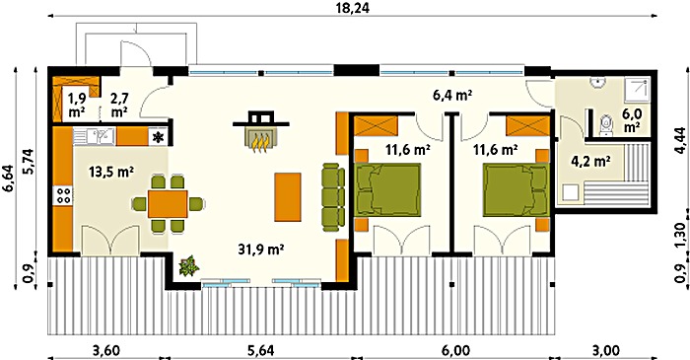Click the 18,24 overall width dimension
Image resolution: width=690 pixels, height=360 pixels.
tap(352, 7)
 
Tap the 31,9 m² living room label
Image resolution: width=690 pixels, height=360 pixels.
tap(260, 250)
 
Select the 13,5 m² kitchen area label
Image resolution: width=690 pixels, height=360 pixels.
tap(111, 172)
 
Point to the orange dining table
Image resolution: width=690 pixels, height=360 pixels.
tap(168, 204)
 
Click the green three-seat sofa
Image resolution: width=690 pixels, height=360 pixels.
tap(333, 196)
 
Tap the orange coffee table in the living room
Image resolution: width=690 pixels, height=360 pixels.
tap(288, 196)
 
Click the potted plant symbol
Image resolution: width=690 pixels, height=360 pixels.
tap(189, 266)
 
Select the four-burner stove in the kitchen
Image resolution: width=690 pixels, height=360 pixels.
tap(63, 195)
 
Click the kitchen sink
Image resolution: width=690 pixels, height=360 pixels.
tap(94, 136)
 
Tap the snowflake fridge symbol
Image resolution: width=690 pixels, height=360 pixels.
tap(157, 137)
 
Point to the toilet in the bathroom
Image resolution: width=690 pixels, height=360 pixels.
tap(607, 125)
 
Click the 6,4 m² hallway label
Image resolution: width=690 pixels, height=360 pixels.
tap(452, 95)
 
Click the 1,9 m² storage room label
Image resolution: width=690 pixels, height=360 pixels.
tap(77, 105)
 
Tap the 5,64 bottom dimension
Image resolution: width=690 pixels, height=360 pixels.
tap(261, 351)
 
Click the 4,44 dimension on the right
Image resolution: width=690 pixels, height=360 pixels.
tap(680, 140)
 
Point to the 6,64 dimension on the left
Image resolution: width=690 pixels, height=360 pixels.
tap(9, 179)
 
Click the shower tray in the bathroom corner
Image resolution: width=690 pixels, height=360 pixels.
tap(637, 91)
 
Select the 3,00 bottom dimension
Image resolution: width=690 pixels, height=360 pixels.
tap(607, 351)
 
